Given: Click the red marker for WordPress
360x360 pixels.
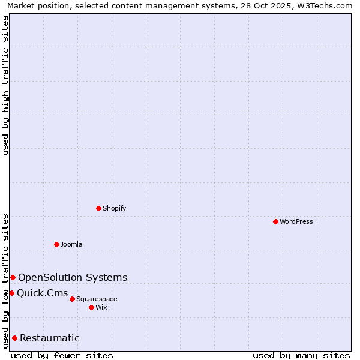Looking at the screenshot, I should coord(275,221).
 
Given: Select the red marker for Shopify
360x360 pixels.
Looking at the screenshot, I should coord(98,208).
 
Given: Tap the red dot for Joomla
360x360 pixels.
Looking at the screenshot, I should coord(56,244).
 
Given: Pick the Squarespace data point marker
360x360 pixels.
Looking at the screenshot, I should coord(72,299).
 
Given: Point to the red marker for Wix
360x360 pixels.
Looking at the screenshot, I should coord(91,307).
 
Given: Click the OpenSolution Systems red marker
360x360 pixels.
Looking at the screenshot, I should coord(13,277).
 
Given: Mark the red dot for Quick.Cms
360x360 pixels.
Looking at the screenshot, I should coord(11,293).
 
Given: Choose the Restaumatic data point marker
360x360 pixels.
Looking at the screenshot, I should coord(14,338).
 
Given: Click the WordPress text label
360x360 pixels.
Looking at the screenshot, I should coord(296,221).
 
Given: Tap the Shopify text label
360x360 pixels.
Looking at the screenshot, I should coord(115,208).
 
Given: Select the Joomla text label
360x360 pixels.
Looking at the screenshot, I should coord(71,244).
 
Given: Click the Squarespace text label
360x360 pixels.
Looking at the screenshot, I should coord(97,299).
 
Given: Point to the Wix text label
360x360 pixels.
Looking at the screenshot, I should coord(101,307).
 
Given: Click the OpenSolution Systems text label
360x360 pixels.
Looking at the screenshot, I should coord(73,277).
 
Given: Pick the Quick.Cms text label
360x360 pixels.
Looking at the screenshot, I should coord(43,293).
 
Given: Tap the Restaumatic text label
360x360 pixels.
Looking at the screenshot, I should coord(49,338).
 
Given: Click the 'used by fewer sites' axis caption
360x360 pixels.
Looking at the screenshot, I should coord(62,355).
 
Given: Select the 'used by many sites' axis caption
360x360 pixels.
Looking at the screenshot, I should coord(301,355).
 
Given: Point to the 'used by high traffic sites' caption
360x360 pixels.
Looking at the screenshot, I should coord(5,85).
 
